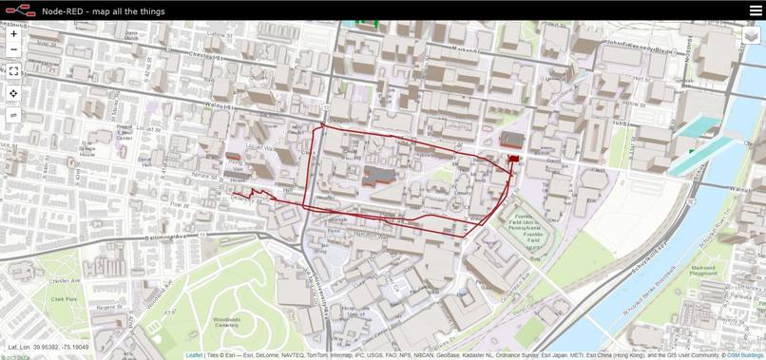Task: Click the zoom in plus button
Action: [x=13, y=33]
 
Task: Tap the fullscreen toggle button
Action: [x=13, y=70]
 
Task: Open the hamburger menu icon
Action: [x=756, y=10]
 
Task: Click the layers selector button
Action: [x=752, y=35]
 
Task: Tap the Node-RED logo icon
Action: [x=21, y=10]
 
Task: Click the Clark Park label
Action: [x=64, y=298]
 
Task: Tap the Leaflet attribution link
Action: [x=194, y=355]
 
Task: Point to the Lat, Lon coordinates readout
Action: [x=48, y=347]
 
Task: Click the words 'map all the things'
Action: [x=128, y=11]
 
